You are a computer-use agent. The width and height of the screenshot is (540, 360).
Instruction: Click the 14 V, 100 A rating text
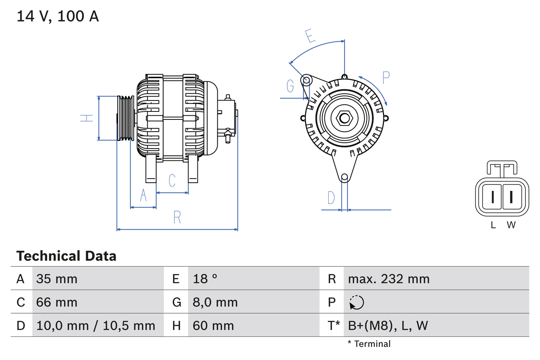pos(57,16)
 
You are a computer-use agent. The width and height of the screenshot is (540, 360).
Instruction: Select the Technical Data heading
pos(66,256)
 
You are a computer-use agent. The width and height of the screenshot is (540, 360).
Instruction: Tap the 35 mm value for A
pos(57,279)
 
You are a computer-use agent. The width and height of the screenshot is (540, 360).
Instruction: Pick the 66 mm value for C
pos(57,302)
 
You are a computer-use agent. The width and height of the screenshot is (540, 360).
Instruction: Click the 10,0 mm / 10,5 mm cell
pos(96,325)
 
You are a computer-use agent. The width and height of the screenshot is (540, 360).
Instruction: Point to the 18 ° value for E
pos(205,279)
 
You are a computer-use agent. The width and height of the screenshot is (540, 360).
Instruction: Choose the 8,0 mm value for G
pos(215,302)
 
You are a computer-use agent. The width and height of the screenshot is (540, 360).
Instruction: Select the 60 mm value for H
pos(213,325)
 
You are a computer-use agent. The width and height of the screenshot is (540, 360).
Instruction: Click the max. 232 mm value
pos(389,279)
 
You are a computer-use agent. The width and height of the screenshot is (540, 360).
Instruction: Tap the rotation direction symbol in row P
pos(356,302)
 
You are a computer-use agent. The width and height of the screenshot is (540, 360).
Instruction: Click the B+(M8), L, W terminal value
pos(388,325)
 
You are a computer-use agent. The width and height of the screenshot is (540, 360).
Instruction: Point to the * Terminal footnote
pos(369,344)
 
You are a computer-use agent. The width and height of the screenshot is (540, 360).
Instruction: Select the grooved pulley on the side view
pos(125,118)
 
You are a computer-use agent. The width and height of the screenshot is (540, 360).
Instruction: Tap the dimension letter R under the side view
pos(177,217)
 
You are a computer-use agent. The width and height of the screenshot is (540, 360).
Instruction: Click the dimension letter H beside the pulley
pos(87,118)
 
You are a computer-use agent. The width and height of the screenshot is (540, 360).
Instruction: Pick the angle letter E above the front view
pos(310,36)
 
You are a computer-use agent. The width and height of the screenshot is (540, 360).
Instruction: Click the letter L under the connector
pos(493,225)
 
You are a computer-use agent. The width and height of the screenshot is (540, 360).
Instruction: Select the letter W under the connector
pos(511,225)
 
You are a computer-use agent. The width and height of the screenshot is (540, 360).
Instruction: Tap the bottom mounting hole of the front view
pos(344,177)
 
